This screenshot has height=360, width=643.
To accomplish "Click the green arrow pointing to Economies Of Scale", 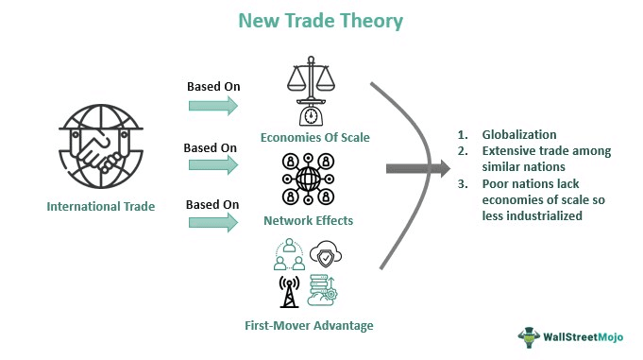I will point(212,106).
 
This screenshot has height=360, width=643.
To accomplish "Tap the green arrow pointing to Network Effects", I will point(212,165).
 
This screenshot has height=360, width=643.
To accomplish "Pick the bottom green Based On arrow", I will point(212,223).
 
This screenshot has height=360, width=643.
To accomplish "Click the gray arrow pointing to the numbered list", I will point(416,169).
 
